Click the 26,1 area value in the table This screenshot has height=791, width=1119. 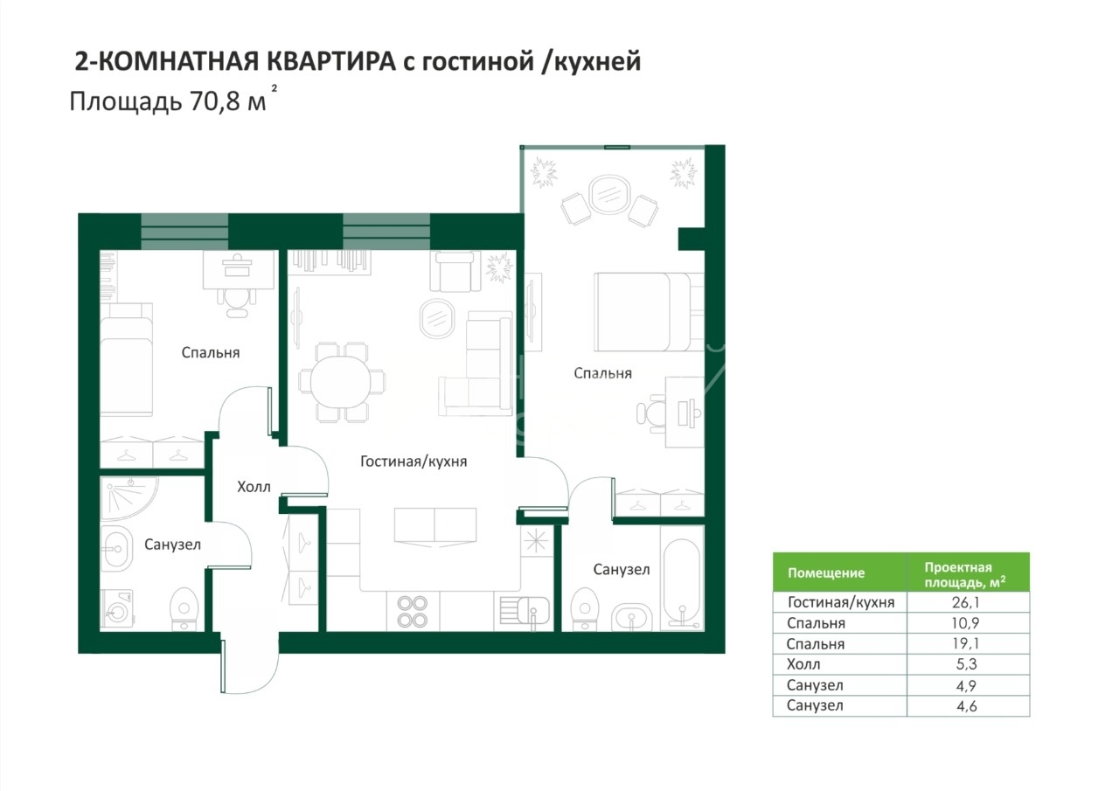tap(966, 602)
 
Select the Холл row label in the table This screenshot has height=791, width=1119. tap(803, 664)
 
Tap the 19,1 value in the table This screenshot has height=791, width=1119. tap(966, 643)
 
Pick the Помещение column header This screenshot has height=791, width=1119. tap(826, 572)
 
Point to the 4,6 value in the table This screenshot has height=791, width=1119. tap(966, 705)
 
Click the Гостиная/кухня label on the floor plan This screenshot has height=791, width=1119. tap(414, 461)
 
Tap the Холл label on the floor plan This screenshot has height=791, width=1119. tap(254, 486)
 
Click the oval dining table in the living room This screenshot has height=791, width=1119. tap(341, 383)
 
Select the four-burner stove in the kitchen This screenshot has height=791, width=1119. tap(412, 612)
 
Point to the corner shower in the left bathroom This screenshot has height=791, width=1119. tap(129, 499)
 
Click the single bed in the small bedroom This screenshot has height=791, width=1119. tap(127, 358)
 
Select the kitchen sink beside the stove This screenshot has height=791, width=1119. tap(525, 611)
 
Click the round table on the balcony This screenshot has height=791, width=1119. tap(609, 194)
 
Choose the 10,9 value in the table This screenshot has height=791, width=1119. tap(966, 623)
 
